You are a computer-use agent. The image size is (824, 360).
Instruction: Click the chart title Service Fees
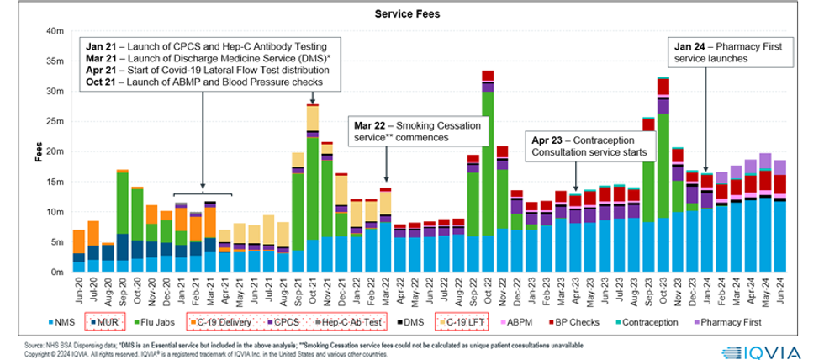412,14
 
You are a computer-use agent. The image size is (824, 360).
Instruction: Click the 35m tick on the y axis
55,61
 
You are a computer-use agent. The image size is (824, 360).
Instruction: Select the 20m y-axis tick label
55,151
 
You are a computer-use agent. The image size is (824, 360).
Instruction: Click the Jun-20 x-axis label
78,292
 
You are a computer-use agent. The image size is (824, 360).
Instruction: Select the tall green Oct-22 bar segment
487,160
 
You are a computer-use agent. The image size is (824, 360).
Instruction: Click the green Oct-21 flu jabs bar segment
312,189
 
